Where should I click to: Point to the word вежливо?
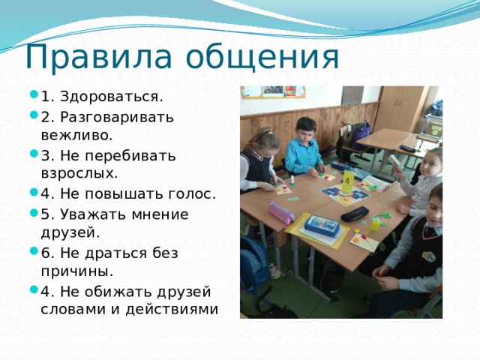76,136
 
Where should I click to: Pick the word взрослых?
79,174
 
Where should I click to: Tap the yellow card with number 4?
348,180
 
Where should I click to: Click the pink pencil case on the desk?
281,212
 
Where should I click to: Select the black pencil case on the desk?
354,214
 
